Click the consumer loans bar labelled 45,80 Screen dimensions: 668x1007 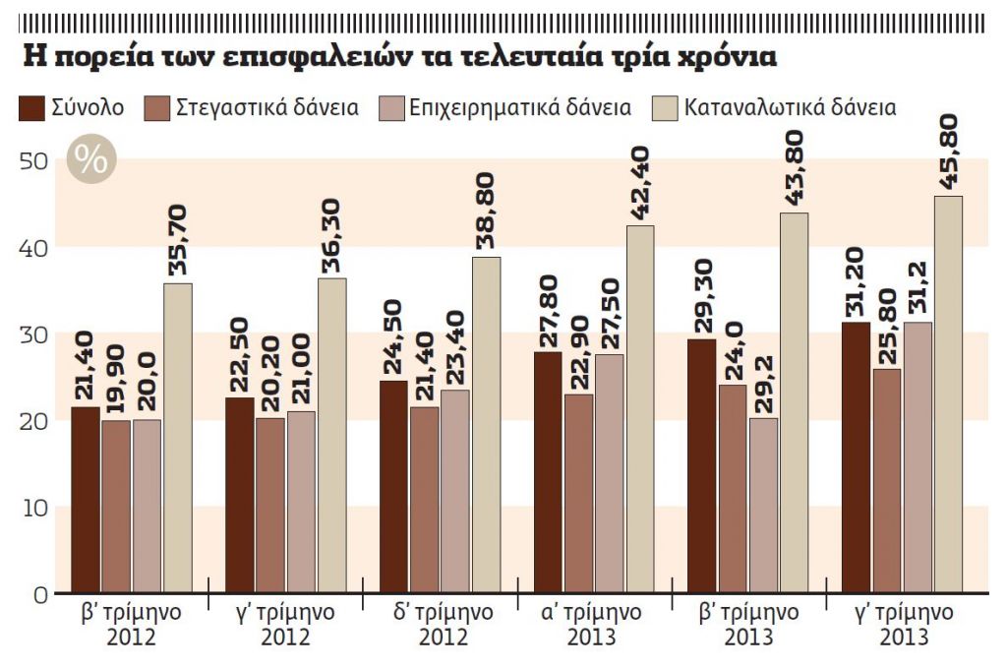click(948, 394)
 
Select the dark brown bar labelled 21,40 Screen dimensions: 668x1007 click(86, 500)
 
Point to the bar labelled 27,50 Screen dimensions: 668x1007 click(609, 473)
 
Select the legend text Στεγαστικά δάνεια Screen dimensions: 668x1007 click(266, 107)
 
